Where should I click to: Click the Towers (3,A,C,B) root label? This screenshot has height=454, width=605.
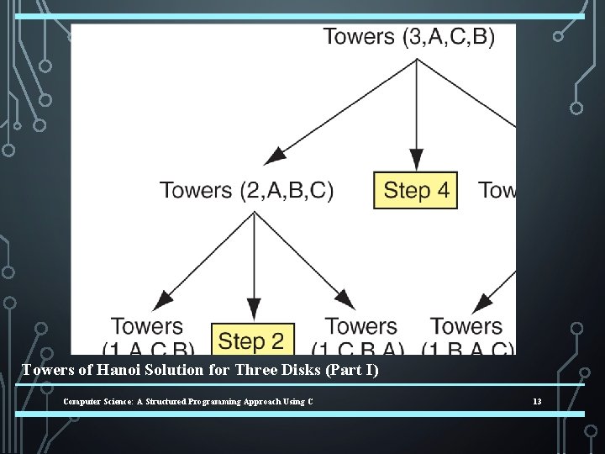click(x=409, y=37)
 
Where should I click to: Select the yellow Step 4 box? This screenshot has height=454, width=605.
click(x=416, y=191)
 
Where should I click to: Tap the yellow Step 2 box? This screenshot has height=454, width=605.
click(x=251, y=340)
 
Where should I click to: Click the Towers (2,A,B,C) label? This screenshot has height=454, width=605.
click(x=247, y=191)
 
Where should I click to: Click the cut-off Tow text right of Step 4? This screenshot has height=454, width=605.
click(x=497, y=191)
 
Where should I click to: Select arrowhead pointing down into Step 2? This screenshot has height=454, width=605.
click(x=253, y=311)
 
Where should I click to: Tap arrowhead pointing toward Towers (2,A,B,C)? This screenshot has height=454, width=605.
click(x=275, y=156)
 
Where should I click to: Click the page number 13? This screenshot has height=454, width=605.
click(x=537, y=402)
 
